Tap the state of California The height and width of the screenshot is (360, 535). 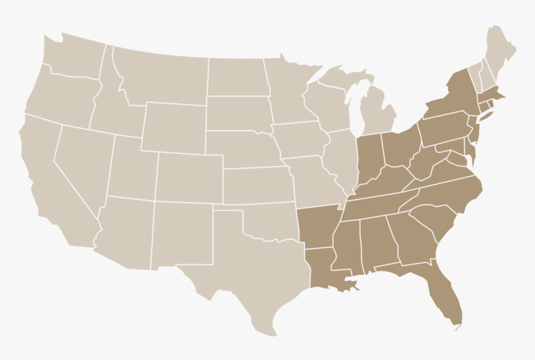(x=50, y=174)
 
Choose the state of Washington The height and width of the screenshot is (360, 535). (x=72, y=59)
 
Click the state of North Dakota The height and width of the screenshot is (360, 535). (x=236, y=78)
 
